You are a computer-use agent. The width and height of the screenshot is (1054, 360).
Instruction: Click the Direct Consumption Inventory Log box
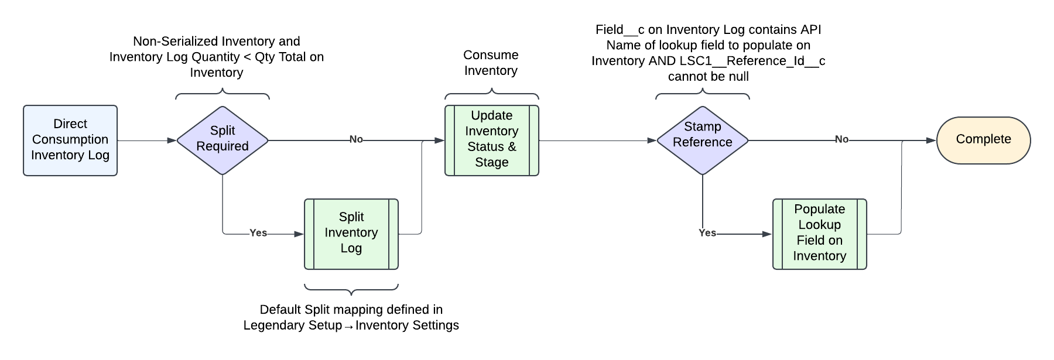(x=70, y=140)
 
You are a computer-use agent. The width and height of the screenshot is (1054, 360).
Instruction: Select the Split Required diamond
(x=223, y=140)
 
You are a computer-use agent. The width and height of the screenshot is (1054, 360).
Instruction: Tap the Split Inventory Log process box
(x=351, y=234)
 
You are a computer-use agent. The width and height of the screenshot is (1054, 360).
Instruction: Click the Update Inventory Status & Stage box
(x=492, y=140)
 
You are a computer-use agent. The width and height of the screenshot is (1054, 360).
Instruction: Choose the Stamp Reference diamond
(x=703, y=140)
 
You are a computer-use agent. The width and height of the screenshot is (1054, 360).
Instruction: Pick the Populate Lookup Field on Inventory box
(x=820, y=234)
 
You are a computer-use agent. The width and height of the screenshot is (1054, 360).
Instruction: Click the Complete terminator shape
(x=984, y=140)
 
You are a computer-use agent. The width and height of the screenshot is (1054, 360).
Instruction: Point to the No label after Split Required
(x=356, y=139)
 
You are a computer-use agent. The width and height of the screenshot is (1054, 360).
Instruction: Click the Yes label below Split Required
(x=258, y=233)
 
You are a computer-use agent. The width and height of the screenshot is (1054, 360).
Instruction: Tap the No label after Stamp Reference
(x=841, y=139)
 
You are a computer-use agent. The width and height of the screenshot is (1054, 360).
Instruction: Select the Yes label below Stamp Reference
(x=707, y=233)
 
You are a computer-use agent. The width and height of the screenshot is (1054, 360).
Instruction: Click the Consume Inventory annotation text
(x=491, y=63)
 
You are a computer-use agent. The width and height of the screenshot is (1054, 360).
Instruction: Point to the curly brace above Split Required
(x=223, y=94)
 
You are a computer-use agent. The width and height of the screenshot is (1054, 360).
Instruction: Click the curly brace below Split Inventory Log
(x=351, y=289)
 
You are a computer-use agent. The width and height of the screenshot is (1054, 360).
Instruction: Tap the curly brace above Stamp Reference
(x=703, y=94)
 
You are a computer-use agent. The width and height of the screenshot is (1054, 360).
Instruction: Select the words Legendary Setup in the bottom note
(x=292, y=325)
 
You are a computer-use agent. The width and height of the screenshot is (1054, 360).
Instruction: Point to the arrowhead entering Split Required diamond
(x=172, y=140)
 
